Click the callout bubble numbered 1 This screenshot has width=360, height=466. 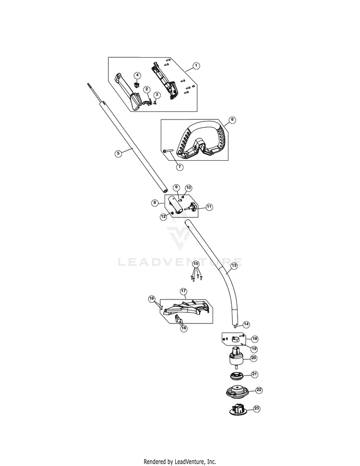196,66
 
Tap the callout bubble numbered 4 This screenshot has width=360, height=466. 137,75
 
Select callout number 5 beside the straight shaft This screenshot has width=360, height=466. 118,154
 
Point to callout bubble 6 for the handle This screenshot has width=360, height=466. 232,120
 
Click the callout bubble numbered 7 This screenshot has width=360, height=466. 179,167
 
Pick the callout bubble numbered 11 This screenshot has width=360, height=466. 209,207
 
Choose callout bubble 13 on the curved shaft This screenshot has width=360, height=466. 234,265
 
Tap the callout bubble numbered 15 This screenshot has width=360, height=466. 195,263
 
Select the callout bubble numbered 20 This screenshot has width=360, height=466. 253,358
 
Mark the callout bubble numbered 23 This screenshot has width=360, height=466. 256,408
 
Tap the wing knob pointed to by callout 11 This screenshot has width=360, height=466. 191,207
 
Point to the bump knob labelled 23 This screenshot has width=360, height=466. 238,409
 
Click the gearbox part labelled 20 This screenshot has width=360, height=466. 237,358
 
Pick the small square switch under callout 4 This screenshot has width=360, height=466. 137,85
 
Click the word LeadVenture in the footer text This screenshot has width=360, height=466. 187,462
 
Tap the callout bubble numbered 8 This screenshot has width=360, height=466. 155,203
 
